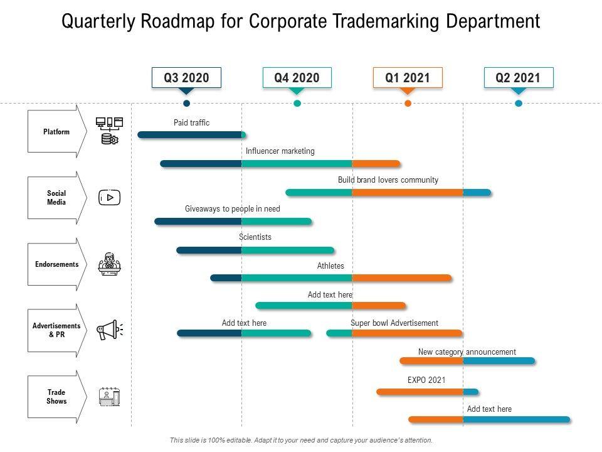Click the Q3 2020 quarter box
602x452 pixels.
coord(186,78)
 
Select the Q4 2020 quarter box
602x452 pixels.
coord(297,78)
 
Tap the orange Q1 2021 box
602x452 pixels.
coord(408,78)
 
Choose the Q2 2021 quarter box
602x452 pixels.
coord(518,78)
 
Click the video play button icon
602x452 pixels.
coord(110,198)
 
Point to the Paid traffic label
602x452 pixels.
coord(191,123)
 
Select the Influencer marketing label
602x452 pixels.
coord(280,151)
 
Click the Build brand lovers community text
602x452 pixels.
coord(388,180)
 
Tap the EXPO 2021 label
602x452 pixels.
coord(426,380)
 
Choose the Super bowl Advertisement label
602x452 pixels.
coord(394,323)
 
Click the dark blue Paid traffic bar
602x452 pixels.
coord(191,134)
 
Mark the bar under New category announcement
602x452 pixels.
coord(467,361)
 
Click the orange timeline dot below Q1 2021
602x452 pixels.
coord(408,103)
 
